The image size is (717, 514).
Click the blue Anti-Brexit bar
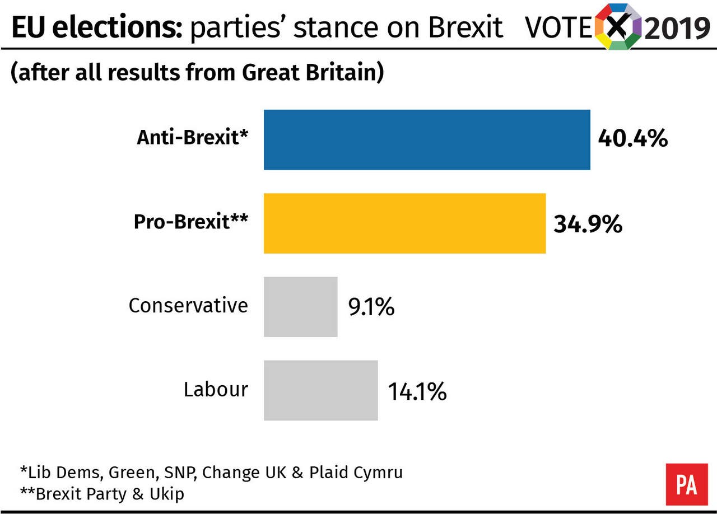tap(427, 139)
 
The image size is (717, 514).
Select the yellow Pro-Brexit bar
tap(404, 223)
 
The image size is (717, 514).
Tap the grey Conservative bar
tap(301, 307)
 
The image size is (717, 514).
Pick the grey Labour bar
tap(320, 390)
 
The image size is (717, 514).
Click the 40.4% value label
tap(632, 138)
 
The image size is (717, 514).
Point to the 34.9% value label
tap(588, 224)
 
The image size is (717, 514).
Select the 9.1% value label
tap(371, 307)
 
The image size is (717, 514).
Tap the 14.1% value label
tap(417, 392)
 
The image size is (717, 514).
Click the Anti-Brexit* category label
tap(192, 138)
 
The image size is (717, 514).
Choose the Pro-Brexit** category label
tap(190, 222)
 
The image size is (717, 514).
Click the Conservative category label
tap(188, 306)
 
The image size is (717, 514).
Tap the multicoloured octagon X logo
tap(618, 26)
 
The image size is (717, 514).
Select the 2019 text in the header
tap(677, 28)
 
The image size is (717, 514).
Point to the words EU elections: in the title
tap(96, 28)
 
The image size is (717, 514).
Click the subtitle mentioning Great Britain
tap(197, 73)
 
